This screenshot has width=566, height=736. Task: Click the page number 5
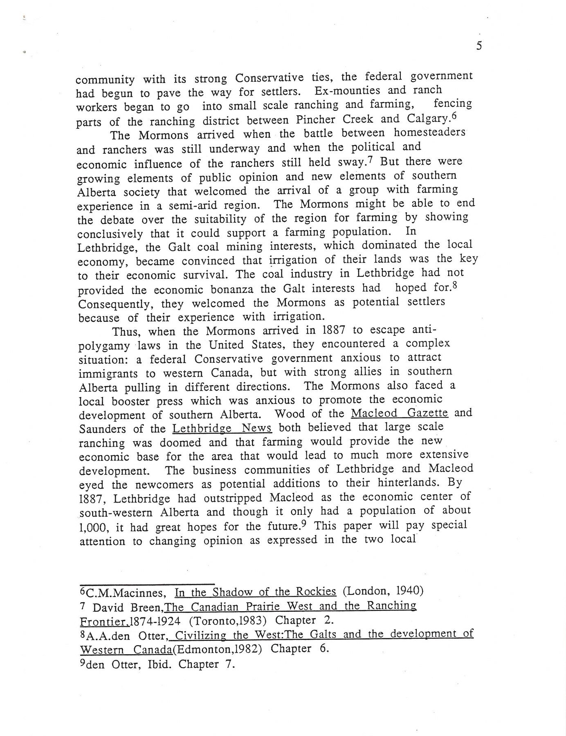coord(479,46)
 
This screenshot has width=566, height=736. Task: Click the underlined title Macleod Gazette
coord(400,413)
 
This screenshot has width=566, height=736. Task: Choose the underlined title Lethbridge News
coord(222,428)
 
